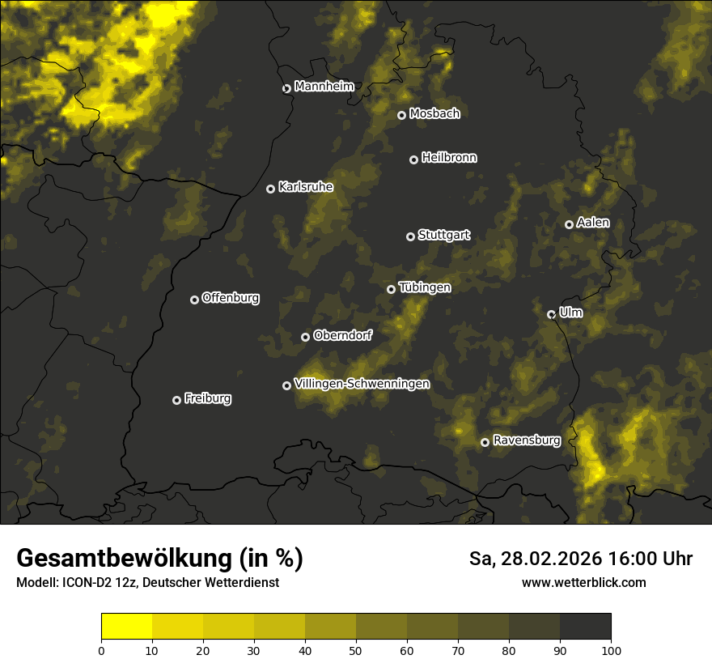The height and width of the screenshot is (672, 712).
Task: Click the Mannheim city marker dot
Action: (x=286, y=89)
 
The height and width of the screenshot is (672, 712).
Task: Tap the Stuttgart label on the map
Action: (x=443, y=236)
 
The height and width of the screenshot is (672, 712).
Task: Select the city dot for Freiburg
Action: (x=176, y=400)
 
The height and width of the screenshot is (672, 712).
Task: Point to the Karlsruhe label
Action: (x=305, y=187)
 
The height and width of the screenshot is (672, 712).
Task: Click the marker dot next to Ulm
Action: (x=551, y=314)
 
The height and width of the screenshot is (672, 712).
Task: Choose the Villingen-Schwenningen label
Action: (x=362, y=384)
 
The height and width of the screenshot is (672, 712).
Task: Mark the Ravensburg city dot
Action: (x=485, y=442)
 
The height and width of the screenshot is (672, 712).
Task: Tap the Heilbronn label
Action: (x=449, y=158)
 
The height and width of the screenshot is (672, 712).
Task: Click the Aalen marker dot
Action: (x=569, y=224)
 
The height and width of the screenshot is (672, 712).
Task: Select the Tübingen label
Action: (x=425, y=287)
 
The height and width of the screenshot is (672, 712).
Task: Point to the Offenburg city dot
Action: (x=194, y=300)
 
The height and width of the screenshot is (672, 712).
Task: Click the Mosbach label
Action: (x=434, y=114)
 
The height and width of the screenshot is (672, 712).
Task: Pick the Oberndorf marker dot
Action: (x=305, y=337)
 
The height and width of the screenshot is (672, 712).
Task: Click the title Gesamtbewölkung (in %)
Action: (x=159, y=559)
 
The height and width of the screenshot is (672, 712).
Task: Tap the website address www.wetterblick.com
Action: (x=583, y=582)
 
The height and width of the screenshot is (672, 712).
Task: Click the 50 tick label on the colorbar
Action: (x=356, y=650)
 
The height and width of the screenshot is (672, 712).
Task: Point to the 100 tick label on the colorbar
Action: (x=611, y=650)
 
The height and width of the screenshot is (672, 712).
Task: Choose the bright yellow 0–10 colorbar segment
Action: (x=127, y=627)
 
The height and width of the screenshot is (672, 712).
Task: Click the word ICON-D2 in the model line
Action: (x=85, y=582)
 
